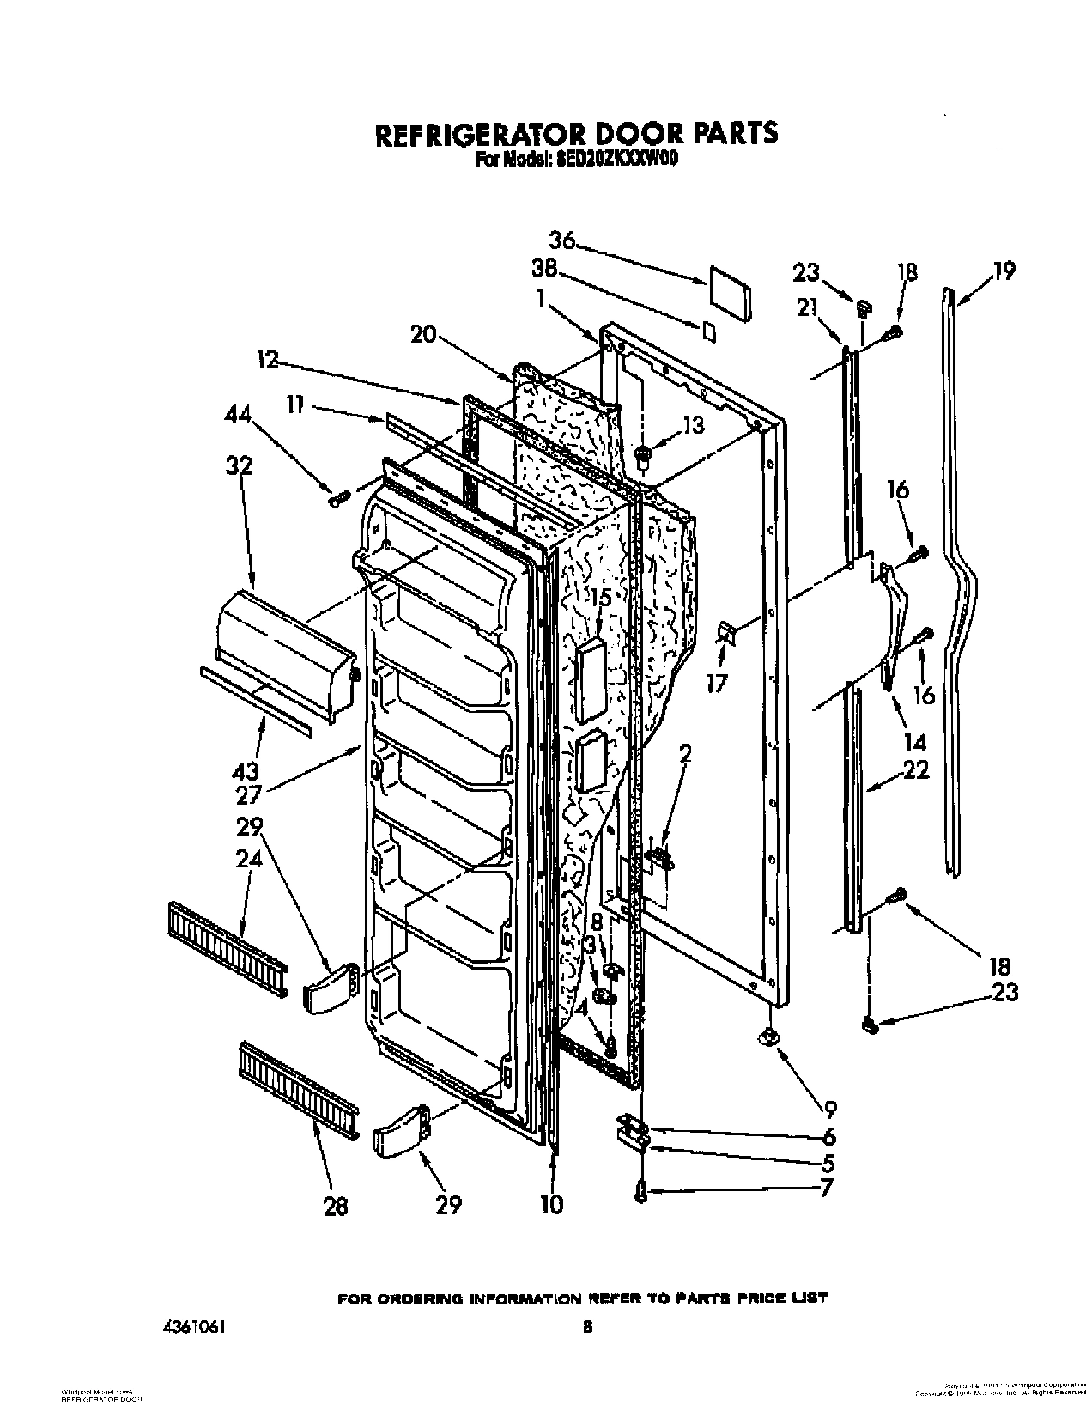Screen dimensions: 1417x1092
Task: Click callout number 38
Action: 544,270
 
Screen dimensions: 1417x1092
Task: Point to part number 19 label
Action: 1004,271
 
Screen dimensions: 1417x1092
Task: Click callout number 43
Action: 246,770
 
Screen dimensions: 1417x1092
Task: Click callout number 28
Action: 336,1206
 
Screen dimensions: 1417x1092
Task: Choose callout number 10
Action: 552,1204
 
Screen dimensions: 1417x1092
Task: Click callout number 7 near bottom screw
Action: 826,1190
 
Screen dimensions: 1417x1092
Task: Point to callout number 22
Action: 916,770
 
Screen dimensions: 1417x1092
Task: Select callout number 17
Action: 716,683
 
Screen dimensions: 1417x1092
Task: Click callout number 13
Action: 693,424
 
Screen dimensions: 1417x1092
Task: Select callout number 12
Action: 268,361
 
